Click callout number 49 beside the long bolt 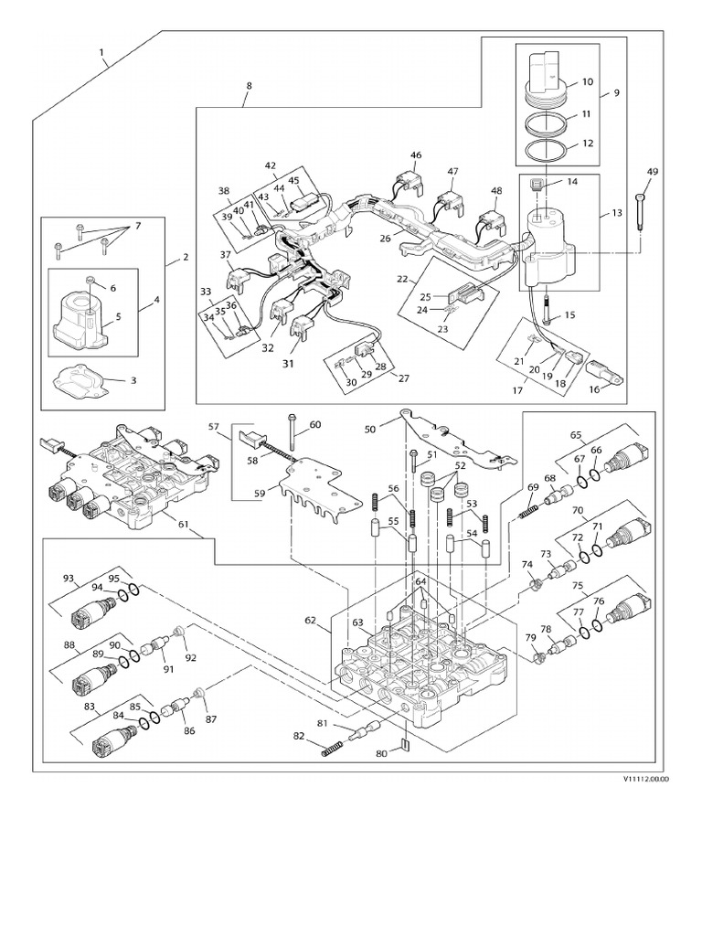(651, 172)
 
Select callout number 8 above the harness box (248, 85)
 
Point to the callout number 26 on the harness (386, 239)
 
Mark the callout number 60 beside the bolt (314, 424)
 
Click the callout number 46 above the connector (416, 155)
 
